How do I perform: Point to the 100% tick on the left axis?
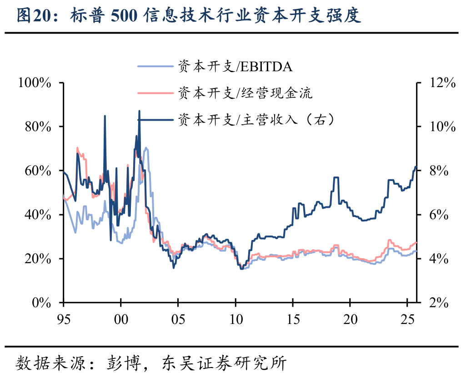(35, 83)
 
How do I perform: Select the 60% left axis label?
(38, 171)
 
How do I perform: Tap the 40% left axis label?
(38, 215)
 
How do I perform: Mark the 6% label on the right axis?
(439, 215)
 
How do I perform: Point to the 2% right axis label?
(439, 303)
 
